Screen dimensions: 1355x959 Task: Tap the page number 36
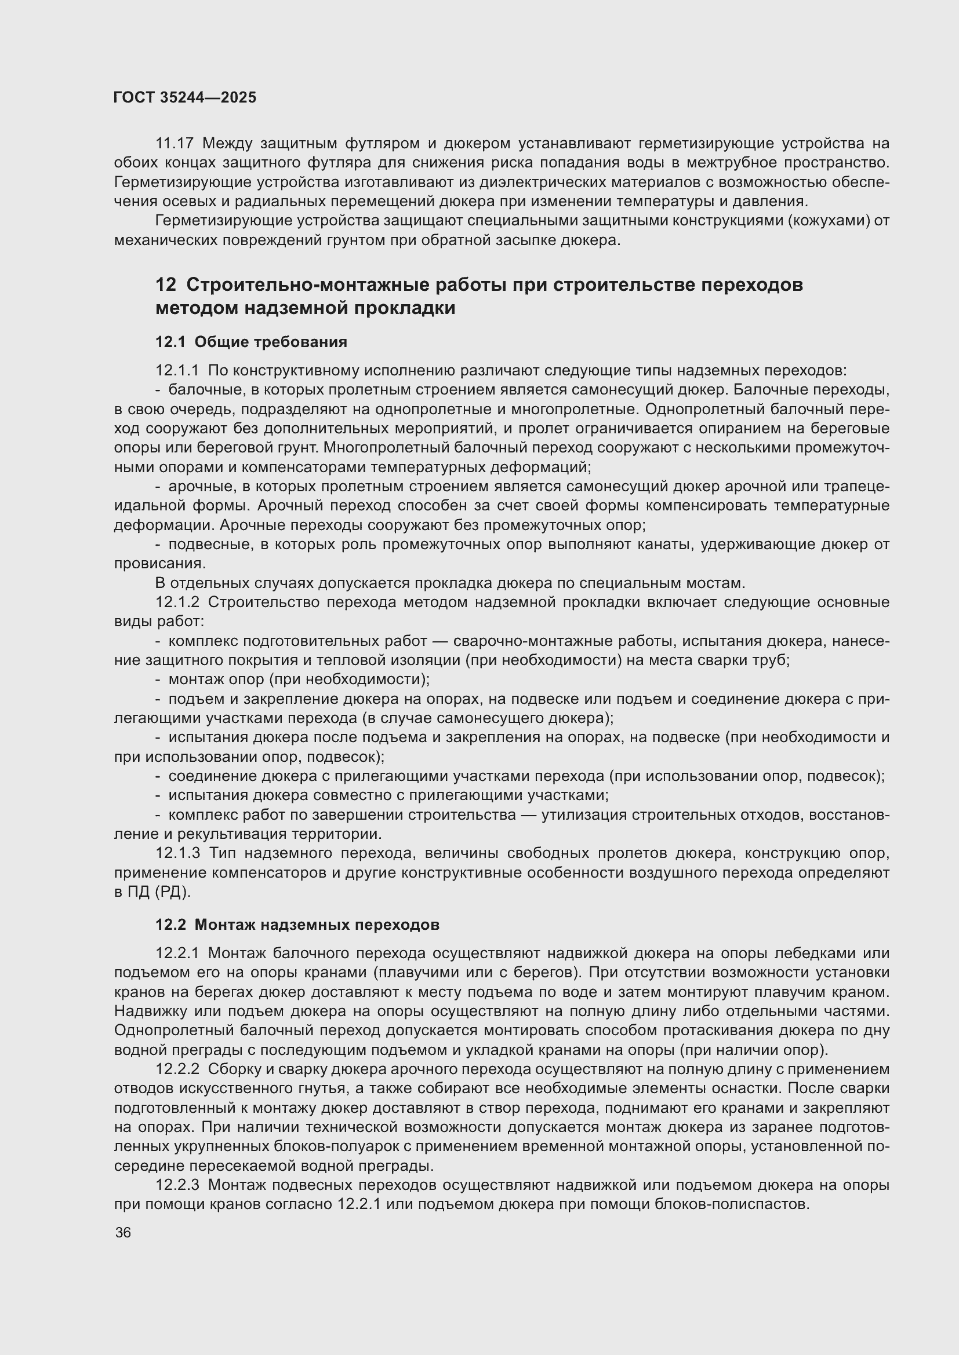point(123,1233)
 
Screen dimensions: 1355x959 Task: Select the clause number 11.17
point(175,144)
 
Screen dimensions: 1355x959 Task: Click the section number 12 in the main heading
point(166,285)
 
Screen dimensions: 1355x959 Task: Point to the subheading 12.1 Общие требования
point(251,342)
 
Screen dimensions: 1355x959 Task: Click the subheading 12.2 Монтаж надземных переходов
point(297,925)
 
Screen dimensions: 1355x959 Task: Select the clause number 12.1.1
point(178,371)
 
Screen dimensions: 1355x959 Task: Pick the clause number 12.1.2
point(178,602)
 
